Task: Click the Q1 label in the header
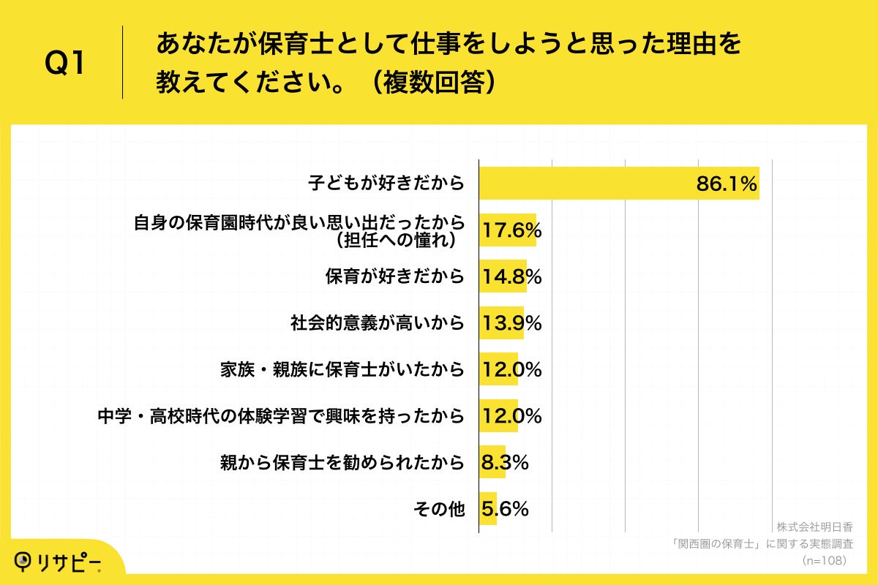pos(65,64)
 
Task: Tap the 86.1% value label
pos(726,184)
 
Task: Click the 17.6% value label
pos(511,231)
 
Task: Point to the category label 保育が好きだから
pos(395,276)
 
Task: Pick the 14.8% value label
pos(511,277)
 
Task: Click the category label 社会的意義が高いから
pos(378,322)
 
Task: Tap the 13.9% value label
pos(511,323)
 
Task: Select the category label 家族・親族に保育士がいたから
pos(342,369)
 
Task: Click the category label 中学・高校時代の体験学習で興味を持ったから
pos(282,415)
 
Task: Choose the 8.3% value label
pos(504,462)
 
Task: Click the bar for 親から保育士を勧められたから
pos(492,462)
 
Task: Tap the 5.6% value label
pos(504,509)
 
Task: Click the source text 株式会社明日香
pos(814,527)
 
